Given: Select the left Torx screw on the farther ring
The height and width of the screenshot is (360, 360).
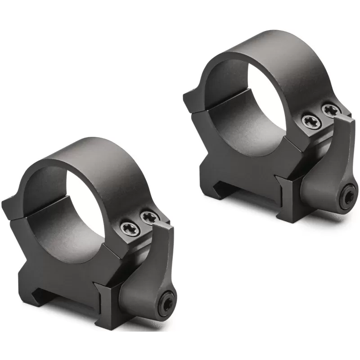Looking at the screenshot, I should tap(310, 120).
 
